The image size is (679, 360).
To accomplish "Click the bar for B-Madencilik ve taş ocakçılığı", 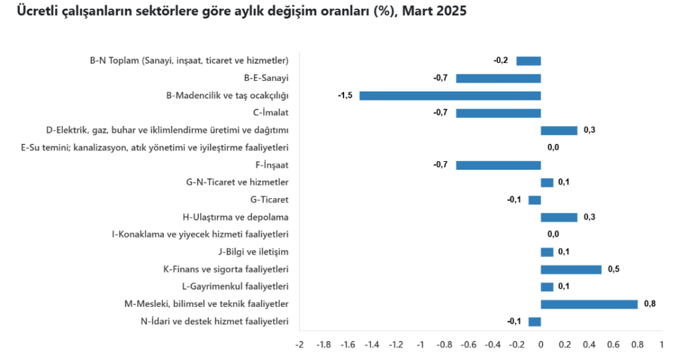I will coord(450,95).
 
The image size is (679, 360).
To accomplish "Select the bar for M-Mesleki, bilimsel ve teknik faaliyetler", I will coord(589,304).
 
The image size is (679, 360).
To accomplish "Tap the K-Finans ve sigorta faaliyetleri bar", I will coord(571,269).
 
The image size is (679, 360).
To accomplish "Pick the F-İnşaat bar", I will coord(498,165).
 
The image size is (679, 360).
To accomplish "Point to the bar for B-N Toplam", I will coord(528,61).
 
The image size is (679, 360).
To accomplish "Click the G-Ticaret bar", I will coord(534,200).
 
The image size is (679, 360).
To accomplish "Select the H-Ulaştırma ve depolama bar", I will coord(559,217).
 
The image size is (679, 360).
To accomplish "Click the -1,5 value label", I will coord(345,95).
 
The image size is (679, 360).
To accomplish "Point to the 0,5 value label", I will coord(613,269).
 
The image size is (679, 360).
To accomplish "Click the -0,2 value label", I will coord(501,61).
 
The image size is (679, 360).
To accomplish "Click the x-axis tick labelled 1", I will coord(661,345).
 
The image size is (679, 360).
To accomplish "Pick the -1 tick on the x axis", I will coord(420,345).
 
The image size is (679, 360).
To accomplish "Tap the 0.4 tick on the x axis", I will coord(589,345).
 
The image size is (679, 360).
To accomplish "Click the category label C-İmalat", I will coord(271,113).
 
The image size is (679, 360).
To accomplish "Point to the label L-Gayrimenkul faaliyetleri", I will coord(235,286).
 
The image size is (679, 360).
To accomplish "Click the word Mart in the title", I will coord(420,12).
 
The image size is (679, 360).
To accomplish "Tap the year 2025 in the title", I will coord(454,12).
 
